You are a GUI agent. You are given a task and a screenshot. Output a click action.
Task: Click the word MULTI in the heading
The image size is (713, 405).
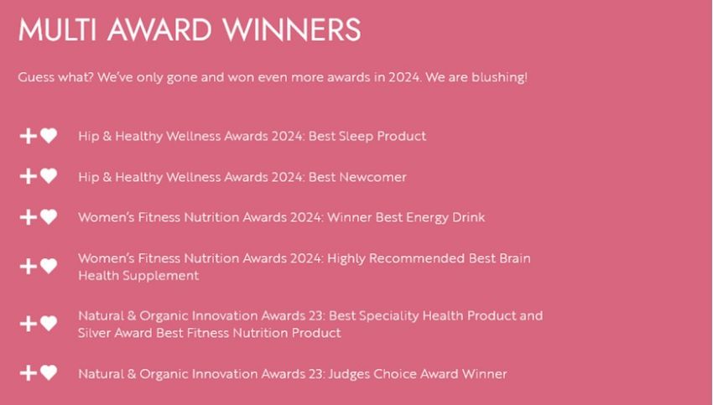[57, 30]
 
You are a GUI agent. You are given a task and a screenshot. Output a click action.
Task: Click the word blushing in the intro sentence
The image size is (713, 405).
[499, 78]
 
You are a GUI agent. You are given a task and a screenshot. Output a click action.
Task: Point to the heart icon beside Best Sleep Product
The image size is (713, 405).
[49, 136]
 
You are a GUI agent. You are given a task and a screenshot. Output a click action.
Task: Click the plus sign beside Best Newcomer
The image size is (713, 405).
[29, 176]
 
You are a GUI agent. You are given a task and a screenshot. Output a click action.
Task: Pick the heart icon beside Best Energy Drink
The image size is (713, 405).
[49, 217]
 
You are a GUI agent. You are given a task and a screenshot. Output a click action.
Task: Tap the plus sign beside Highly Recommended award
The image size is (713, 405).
[29, 267]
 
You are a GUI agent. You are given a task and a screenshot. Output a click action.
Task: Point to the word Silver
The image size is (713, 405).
[94, 333]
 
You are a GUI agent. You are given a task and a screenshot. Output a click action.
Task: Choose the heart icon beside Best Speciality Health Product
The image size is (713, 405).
[49, 323]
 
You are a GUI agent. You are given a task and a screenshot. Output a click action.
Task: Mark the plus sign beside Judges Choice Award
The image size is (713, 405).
[29, 373]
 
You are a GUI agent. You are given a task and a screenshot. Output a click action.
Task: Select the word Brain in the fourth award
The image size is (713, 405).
[515, 258]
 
